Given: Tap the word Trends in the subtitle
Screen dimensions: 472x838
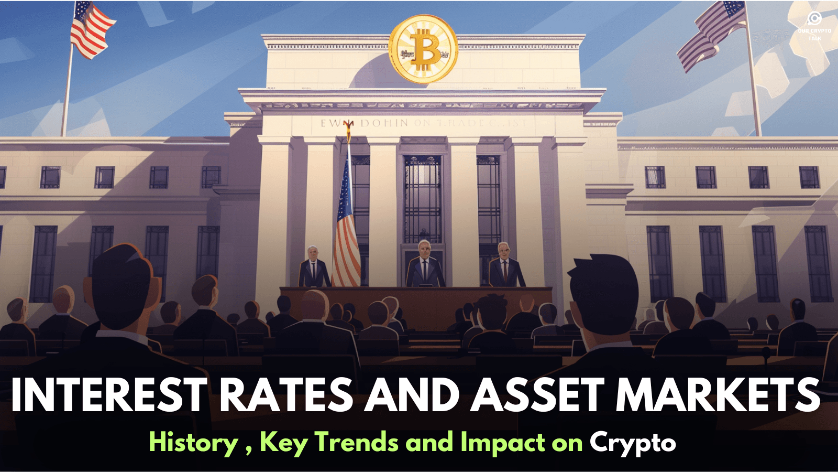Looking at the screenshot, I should [357, 442].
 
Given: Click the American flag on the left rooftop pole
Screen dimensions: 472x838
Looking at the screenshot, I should [91, 29].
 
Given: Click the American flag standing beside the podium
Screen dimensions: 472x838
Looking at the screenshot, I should [346, 226].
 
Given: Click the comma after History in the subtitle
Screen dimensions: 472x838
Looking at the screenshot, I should [248, 450].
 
